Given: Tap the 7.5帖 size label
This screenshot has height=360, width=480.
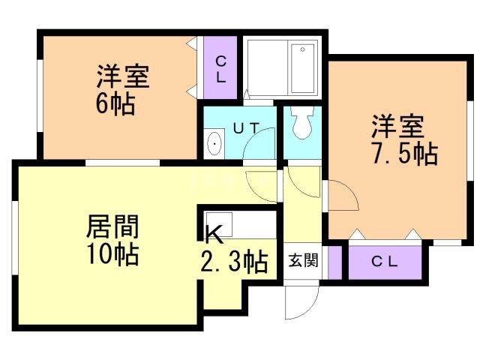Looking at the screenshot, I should coord(405,153).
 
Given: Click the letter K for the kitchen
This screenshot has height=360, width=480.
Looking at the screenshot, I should coord(214,235).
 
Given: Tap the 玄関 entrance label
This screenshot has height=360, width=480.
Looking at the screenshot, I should coord(304,261).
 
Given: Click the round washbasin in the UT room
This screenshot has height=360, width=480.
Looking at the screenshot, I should coord(214,142).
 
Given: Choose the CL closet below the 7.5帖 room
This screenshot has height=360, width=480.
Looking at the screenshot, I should coord(385,262).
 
